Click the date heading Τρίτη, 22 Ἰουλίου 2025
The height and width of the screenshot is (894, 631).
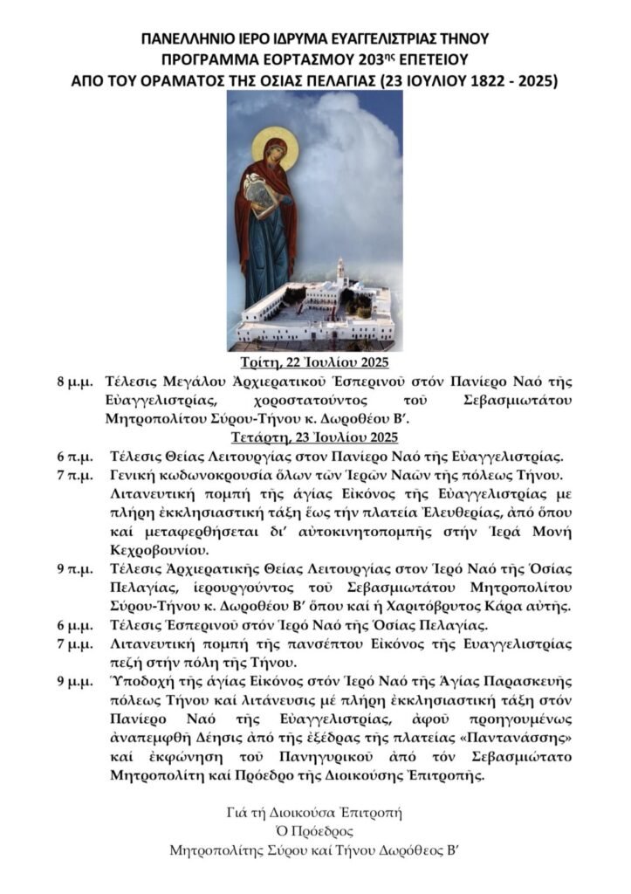(314, 363)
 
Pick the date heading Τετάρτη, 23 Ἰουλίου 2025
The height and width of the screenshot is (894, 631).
(314, 437)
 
